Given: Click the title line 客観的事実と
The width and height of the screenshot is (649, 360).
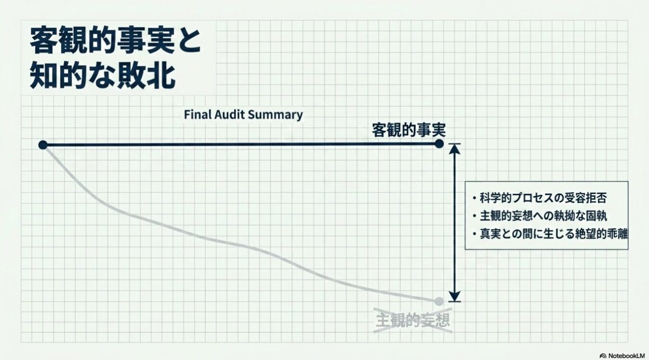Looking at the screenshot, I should coord(115,43).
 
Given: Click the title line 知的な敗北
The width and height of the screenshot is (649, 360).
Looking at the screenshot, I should coord(102,76).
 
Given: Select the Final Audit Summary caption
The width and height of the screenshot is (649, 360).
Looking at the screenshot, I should coord(243,115).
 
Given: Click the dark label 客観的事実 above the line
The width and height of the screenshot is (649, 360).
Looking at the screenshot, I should coord(409,130).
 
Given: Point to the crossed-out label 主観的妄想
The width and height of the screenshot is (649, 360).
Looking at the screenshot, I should coord(413,320).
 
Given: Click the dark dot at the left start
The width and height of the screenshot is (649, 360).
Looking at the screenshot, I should coord(43,145).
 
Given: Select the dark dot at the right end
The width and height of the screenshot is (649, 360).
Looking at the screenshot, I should coord(439,144).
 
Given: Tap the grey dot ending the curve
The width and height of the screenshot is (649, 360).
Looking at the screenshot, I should coord(438,301).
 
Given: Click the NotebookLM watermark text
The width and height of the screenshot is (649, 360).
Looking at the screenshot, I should coord(626,356).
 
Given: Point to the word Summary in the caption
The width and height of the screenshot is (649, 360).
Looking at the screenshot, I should coord(281,115).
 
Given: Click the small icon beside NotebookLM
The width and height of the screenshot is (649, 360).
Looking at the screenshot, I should coord(603,356).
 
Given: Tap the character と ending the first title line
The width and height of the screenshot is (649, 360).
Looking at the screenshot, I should coord(188,43).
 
